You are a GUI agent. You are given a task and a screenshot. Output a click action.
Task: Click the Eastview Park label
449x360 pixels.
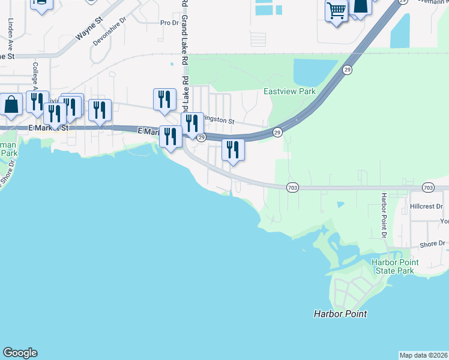(290, 92)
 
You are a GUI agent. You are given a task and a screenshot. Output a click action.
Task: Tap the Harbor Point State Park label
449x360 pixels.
(393, 266)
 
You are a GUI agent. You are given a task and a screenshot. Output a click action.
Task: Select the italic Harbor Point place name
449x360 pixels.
(340, 314)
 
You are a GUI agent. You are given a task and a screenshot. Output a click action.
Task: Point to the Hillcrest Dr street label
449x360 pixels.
(426, 206)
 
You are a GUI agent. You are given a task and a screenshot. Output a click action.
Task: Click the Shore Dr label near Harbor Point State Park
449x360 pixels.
(432, 244)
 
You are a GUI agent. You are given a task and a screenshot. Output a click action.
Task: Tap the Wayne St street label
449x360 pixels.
(89, 29)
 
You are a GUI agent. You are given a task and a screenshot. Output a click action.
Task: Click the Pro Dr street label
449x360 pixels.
(170, 23)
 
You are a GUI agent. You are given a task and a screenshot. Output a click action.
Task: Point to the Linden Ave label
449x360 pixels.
(10, 34)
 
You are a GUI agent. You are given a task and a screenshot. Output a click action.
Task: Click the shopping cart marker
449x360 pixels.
(336, 11)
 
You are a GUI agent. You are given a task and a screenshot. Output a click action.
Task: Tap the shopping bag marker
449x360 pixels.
(11, 104)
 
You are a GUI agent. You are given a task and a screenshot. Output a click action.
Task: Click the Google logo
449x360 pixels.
(20, 353)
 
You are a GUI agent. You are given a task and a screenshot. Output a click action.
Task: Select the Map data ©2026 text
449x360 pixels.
(424, 355)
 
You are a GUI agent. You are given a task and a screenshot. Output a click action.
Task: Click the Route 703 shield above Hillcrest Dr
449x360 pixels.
(427, 188)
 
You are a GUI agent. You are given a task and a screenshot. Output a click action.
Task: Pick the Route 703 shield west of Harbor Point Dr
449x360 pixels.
(292, 188)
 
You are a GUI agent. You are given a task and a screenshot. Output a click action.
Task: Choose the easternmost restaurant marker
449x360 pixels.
(233, 149)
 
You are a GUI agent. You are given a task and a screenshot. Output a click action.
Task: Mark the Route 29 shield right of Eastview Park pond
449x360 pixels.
(348, 70)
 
